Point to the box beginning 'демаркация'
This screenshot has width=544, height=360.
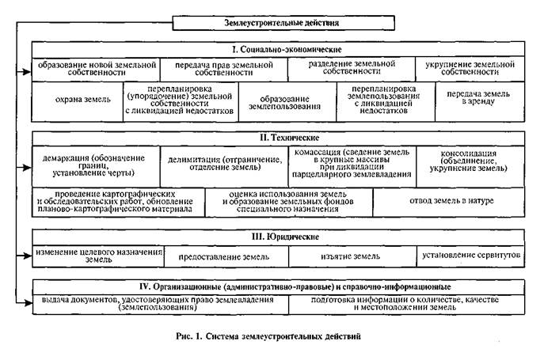point(96,165)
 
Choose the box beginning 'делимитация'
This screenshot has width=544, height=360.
point(223,165)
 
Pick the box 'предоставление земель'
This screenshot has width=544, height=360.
point(225,256)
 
